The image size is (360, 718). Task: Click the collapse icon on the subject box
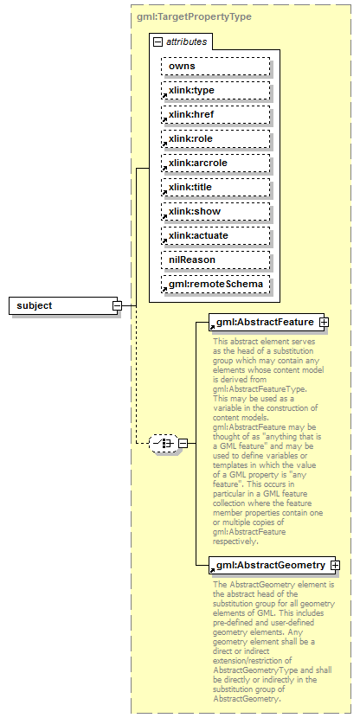(116, 305)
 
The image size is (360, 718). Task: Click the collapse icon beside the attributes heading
(157, 42)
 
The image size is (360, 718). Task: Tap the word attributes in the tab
(185, 42)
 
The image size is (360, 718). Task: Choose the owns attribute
(215, 66)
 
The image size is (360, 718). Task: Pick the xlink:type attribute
(215, 90)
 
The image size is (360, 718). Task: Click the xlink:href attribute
(215, 114)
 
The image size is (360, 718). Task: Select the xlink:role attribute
(215, 138)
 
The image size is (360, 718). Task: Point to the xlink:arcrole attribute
(215, 163)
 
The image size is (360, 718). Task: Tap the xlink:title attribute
(215, 187)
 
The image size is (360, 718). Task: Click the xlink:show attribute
(215, 211)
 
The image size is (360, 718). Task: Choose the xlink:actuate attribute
(215, 235)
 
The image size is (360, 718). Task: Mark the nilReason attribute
(215, 260)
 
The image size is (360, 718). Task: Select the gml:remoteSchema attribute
(215, 284)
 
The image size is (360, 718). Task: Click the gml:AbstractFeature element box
(264, 322)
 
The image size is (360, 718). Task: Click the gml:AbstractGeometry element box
(268, 565)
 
